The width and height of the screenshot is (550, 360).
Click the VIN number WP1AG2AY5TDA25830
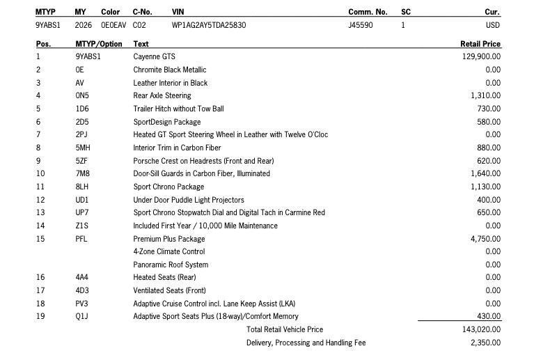click(208, 25)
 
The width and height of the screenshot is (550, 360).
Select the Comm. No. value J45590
click(360, 25)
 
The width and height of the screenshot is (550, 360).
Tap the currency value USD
click(492, 25)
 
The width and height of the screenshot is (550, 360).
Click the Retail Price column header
click(480, 44)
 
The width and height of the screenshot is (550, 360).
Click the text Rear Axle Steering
click(162, 95)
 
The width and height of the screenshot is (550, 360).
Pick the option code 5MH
click(83, 148)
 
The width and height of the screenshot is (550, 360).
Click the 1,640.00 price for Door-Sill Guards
click(485, 173)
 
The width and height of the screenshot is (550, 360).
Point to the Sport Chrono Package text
click(168, 187)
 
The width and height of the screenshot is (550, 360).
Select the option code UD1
click(82, 200)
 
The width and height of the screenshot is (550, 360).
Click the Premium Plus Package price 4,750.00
click(485, 239)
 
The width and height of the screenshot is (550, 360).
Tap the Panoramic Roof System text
click(171, 265)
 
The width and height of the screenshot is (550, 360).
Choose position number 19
click(40, 316)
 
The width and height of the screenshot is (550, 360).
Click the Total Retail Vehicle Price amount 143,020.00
click(481, 329)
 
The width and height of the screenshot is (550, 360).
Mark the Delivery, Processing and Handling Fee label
click(306, 343)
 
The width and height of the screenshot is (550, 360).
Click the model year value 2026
click(84, 25)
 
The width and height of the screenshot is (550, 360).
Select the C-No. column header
click(142, 12)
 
